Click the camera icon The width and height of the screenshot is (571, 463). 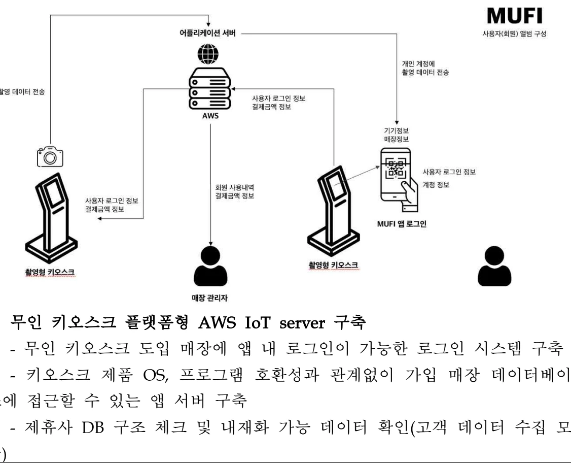click(x=50, y=157)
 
